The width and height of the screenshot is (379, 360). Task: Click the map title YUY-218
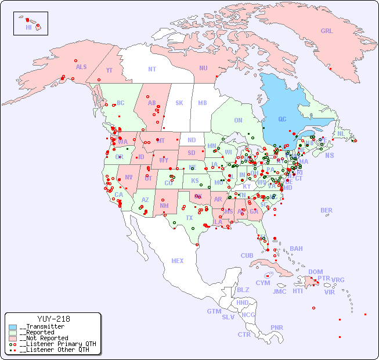(x=53, y=319)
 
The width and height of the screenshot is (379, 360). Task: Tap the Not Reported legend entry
(x=43, y=338)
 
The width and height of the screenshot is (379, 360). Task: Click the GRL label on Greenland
(x=327, y=31)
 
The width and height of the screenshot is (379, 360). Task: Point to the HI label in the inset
(x=28, y=27)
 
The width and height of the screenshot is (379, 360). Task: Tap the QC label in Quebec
(x=282, y=119)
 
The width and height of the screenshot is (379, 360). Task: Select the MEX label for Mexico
(x=177, y=261)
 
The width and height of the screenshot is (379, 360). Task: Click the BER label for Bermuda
(x=326, y=210)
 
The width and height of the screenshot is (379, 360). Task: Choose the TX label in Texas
(x=189, y=218)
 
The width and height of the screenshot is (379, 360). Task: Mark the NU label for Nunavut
(x=203, y=68)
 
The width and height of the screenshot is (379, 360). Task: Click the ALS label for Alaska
(x=81, y=67)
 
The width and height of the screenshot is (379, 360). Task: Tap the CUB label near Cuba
(x=247, y=255)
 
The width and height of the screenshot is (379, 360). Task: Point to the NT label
(x=151, y=69)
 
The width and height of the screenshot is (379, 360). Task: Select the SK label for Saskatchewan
(x=179, y=103)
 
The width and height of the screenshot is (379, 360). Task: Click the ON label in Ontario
(x=238, y=120)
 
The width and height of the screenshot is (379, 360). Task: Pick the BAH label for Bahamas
(x=296, y=249)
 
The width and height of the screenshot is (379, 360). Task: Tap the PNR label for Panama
(x=277, y=327)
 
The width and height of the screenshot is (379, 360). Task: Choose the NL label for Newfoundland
(x=341, y=133)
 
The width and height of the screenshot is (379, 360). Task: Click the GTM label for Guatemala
(x=214, y=311)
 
